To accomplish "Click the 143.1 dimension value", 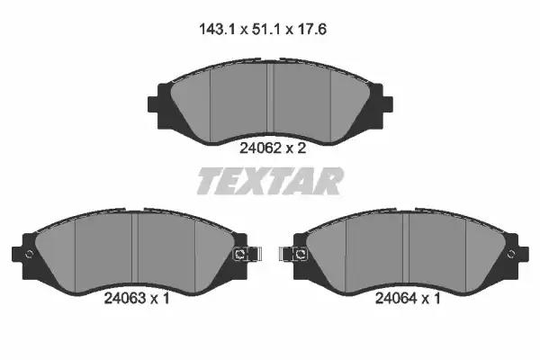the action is (x=217, y=30).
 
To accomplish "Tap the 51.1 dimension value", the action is (x=265, y=30).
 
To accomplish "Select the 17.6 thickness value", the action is (x=311, y=30).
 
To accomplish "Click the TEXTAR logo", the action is (x=270, y=181).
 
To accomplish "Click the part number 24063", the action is (x=125, y=298).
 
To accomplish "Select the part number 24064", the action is (x=396, y=298).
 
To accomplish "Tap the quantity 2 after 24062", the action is (x=301, y=148).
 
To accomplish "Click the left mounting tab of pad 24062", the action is (x=153, y=104).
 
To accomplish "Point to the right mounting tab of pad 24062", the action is (x=387, y=104).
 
